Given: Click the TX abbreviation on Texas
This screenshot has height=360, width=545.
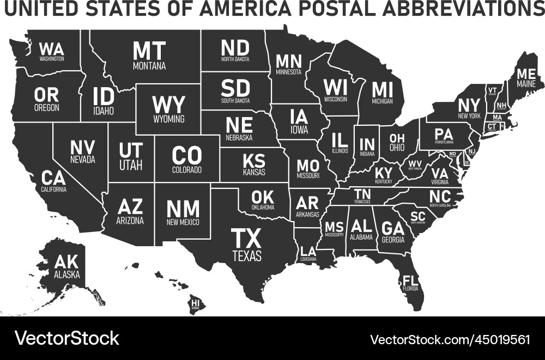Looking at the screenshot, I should (246, 238).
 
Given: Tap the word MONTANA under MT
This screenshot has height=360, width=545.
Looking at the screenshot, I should (149, 66).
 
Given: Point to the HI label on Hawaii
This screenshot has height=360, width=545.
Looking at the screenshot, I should (195, 302).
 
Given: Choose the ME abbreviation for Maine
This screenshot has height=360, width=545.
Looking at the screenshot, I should (526, 74).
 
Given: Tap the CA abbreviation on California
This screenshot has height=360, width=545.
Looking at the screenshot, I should (53, 178).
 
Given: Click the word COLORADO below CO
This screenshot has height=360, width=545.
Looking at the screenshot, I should (187, 170).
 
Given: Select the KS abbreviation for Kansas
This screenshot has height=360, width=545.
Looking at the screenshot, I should (254, 161).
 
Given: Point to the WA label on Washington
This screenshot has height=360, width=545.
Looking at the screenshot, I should (52, 48).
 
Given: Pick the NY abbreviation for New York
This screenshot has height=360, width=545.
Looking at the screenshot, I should (469, 105).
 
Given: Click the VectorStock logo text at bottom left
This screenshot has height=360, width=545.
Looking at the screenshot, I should (66, 338).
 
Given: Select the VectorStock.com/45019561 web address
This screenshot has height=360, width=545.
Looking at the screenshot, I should (450, 339).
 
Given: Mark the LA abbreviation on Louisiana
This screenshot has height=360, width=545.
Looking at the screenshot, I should (308, 251).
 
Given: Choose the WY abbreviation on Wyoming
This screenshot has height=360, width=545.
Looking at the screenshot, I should (168, 105).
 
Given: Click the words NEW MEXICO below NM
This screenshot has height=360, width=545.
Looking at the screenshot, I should (183, 222).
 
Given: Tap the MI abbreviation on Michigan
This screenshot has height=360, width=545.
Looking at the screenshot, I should (382, 89).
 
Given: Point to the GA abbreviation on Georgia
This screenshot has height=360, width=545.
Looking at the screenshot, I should (392, 228).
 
